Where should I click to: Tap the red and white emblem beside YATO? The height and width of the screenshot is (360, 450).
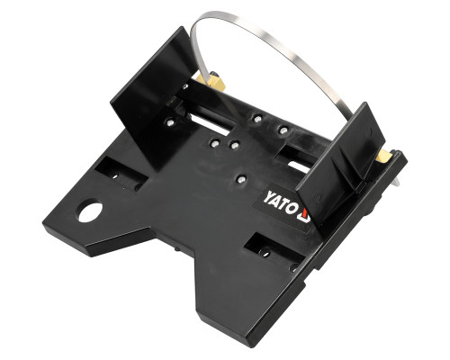(304, 215)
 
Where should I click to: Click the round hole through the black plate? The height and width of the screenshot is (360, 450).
(91, 211)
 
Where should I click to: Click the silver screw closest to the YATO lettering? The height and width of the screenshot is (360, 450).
(240, 179)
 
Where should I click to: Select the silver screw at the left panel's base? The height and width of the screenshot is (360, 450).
(170, 122)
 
